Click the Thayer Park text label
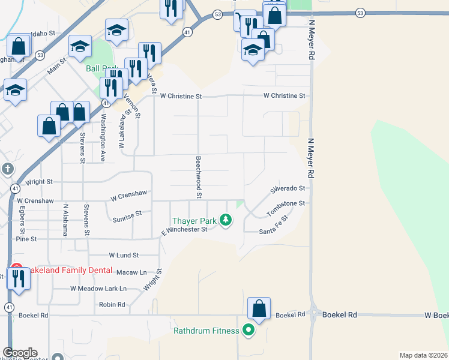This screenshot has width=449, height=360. (193, 221)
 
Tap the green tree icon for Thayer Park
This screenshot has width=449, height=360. (226, 221)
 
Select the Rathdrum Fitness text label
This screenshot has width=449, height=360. (205, 331)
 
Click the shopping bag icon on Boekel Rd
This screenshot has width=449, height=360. (259, 308)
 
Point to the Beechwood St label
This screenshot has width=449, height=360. (197, 177)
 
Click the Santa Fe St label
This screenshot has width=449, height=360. (274, 227)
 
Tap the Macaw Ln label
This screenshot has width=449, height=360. (131, 272)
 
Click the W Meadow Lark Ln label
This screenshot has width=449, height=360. (98, 288)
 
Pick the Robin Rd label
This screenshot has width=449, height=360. (112, 305)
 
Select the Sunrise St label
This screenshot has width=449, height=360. (127, 216)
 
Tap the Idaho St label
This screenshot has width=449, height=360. (43, 34)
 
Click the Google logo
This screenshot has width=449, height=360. (20, 353)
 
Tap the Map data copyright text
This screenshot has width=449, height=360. (423, 355)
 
